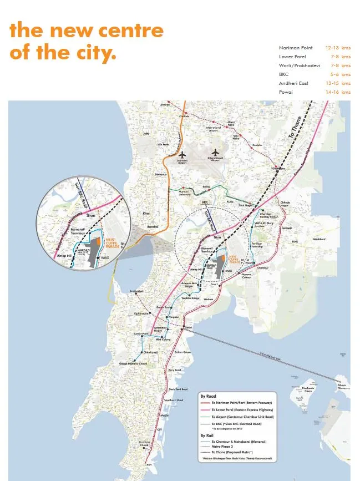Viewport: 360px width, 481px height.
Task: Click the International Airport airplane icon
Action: click(x=215, y=151)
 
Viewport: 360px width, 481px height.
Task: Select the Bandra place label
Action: click(x=153, y=227)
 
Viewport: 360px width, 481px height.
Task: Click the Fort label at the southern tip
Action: click(x=148, y=464)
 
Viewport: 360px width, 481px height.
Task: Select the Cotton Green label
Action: click(x=183, y=352)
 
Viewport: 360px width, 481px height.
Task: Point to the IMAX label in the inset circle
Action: click(x=106, y=257)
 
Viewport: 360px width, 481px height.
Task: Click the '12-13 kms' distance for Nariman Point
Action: click(x=338, y=48)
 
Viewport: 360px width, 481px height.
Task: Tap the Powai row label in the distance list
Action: click(x=286, y=92)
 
